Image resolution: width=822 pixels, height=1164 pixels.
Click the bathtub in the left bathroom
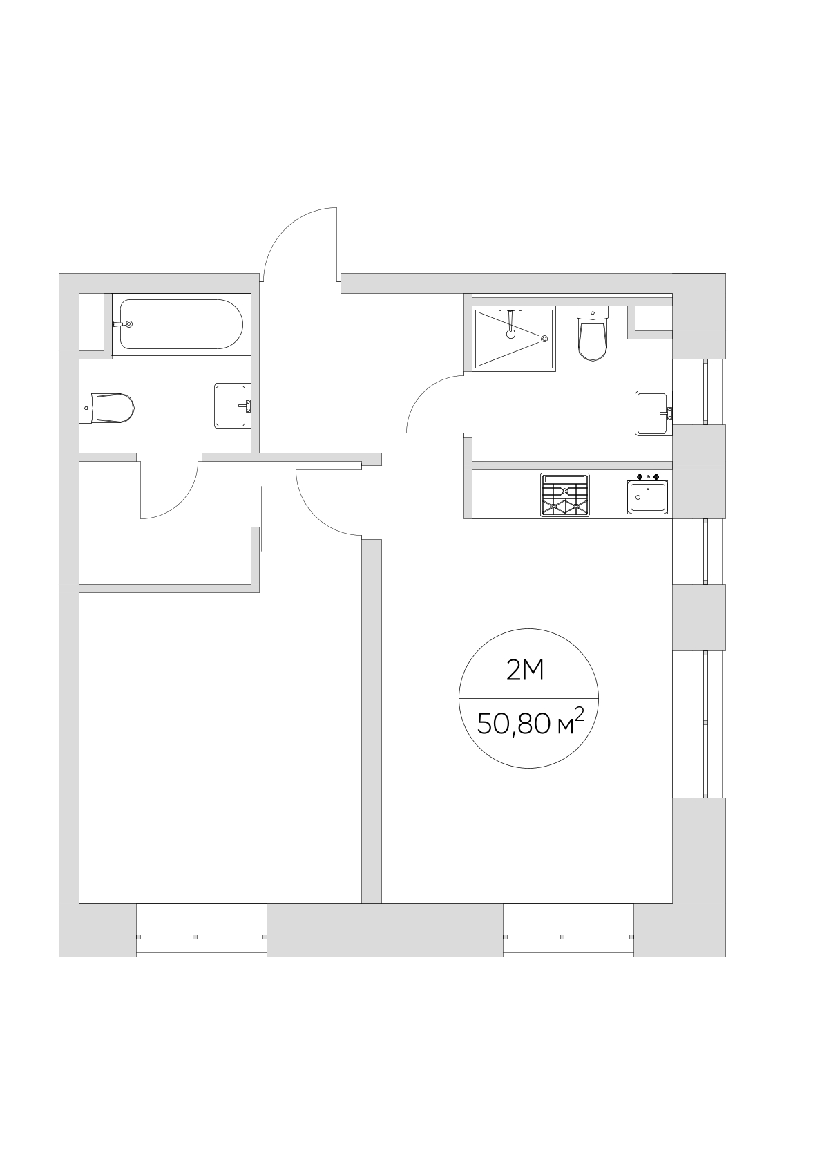[181, 324]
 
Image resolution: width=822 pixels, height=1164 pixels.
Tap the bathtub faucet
[122, 324]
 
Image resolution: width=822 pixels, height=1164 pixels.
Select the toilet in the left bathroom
[106, 408]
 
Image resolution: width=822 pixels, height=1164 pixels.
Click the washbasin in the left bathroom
[233, 406]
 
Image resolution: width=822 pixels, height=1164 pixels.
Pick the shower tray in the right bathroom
[514, 339]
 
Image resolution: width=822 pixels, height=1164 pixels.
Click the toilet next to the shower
[593, 333]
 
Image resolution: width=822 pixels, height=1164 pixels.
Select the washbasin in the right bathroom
[653, 413]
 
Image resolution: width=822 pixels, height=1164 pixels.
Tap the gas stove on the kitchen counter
[565, 495]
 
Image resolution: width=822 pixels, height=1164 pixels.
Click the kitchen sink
[647, 497]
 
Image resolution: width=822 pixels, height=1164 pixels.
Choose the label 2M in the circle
[526, 671]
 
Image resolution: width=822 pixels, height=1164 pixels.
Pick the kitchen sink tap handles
[648, 476]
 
